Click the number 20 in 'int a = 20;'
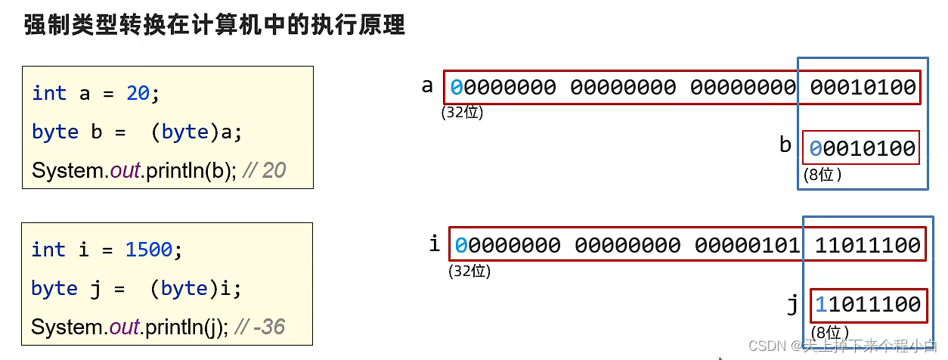pyautogui.click(x=138, y=93)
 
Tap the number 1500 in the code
pyautogui.click(x=149, y=250)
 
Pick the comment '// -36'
pyautogui.click(x=260, y=327)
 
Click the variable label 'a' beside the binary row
pyautogui.click(x=427, y=85)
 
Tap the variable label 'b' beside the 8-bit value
pyautogui.click(x=785, y=144)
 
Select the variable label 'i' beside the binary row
pyautogui.click(x=434, y=243)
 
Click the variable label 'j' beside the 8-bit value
pyautogui.click(x=792, y=303)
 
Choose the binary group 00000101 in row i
pyautogui.click(x=747, y=245)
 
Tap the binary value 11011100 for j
pyautogui.click(x=867, y=305)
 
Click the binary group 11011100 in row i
pyautogui.click(x=867, y=245)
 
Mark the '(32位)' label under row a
pyautogui.click(x=462, y=113)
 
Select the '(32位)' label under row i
pyautogui.click(x=469, y=270)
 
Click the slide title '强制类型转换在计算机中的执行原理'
pyautogui.click(x=215, y=26)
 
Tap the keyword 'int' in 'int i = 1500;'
pyautogui.click(x=48, y=250)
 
